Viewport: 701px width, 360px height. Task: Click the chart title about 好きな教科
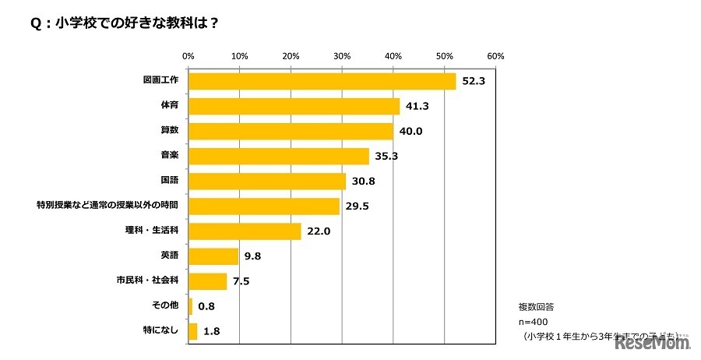(x=125, y=23)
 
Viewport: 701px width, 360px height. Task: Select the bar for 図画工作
(x=322, y=81)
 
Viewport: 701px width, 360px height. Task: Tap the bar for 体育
(x=294, y=106)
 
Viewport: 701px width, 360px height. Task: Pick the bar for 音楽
(x=278, y=156)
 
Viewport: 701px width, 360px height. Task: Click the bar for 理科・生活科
(x=245, y=231)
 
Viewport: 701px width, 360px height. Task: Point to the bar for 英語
(x=213, y=256)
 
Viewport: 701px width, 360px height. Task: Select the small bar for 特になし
(x=192, y=331)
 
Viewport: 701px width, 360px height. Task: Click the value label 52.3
(x=473, y=82)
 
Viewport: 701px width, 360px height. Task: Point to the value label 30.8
(x=363, y=182)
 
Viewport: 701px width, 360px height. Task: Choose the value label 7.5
(x=241, y=281)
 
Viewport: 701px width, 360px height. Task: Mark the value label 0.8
(x=206, y=306)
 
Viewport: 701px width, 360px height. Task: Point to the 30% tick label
(x=342, y=56)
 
